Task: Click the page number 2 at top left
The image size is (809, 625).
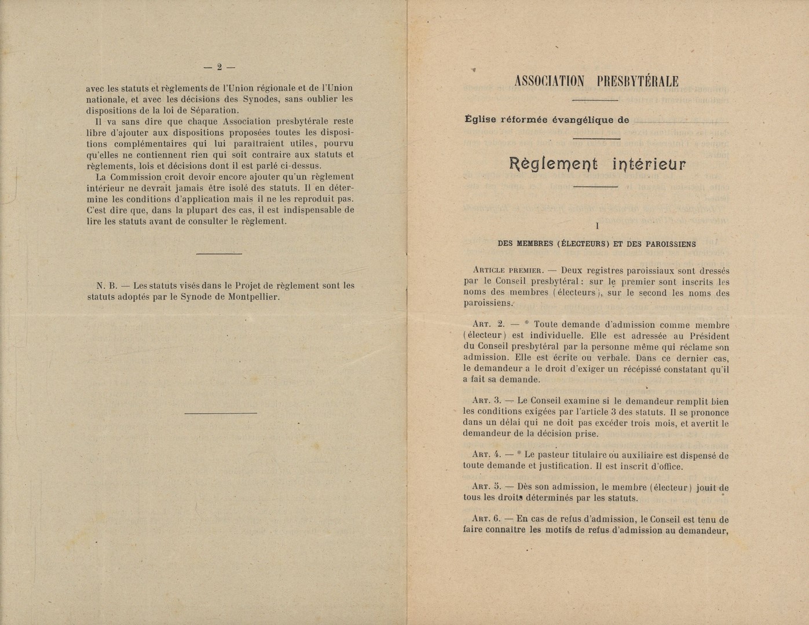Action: pos(219,67)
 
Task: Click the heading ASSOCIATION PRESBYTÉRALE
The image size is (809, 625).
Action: pos(596,81)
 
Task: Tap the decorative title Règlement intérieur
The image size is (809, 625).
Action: pos(596,164)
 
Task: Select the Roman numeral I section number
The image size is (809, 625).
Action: pos(597,227)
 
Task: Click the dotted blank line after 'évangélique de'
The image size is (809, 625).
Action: pos(681,121)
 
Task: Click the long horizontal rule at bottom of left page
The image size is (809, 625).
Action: pos(220,413)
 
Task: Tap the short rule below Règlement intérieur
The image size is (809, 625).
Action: pos(596,186)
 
